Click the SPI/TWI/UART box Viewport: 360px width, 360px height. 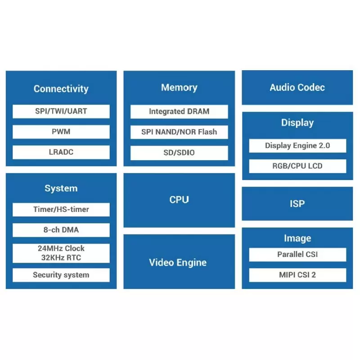tap(61, 111)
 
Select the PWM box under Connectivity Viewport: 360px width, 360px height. tap(61, 132)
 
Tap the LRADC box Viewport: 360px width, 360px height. tap(61, 152)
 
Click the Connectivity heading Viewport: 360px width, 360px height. tap(61, 89)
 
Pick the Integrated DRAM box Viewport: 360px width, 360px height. tap(179, 112)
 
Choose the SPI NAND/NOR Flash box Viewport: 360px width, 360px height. tap(179, 132)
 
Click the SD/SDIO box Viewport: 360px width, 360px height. tap(179, 153)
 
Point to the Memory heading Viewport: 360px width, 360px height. tap(179, 87)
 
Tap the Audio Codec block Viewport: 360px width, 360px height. tap(297, 87)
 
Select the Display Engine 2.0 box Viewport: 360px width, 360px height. tap(297, 145)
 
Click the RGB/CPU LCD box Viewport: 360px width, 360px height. tap(297, 166)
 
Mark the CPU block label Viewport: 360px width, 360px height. tap(179, 200)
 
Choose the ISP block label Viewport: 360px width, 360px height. tap(297, 203)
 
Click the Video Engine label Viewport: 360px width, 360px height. tap(178, 262)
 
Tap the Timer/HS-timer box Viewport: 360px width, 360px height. tap(61, 209)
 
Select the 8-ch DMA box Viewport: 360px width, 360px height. tap(61, 230)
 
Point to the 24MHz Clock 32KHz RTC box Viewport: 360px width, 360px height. tap(61, 253)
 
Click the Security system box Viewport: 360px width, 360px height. tap(61, 275)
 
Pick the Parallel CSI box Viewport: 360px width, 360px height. tap(297, 254)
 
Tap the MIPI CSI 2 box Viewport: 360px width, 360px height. tap(297, 274)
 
